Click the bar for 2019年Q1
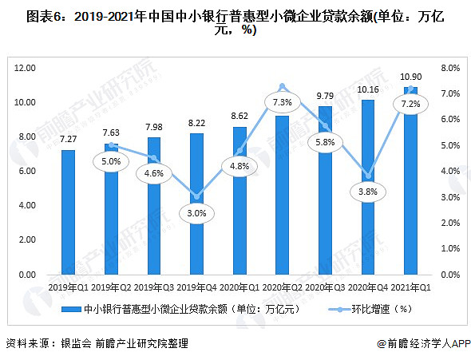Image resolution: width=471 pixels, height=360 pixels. click(68, 212)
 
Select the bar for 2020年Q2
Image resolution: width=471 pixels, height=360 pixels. click(283, 196)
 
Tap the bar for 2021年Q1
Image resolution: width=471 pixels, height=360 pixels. click(411, 180)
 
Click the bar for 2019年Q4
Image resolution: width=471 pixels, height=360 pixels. click(196, 204)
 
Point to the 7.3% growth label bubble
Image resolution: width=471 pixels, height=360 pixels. click(283, 103)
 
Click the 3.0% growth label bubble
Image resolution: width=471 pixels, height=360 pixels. click(196, 213)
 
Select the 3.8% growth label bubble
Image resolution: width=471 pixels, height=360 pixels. click(368, 192)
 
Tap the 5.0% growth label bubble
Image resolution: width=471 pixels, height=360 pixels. click(111, 161)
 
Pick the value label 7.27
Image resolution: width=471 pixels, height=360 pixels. click(68, 140)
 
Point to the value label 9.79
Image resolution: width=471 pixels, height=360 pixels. click(325, 97)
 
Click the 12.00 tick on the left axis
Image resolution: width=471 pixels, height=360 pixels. click(26, 68)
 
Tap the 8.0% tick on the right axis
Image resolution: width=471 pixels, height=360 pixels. click(449, 68)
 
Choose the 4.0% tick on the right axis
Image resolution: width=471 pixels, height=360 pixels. click(449, 172)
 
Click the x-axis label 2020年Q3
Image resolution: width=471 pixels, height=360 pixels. click(325, 286)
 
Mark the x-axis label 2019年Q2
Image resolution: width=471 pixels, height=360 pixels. click(111, 286)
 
